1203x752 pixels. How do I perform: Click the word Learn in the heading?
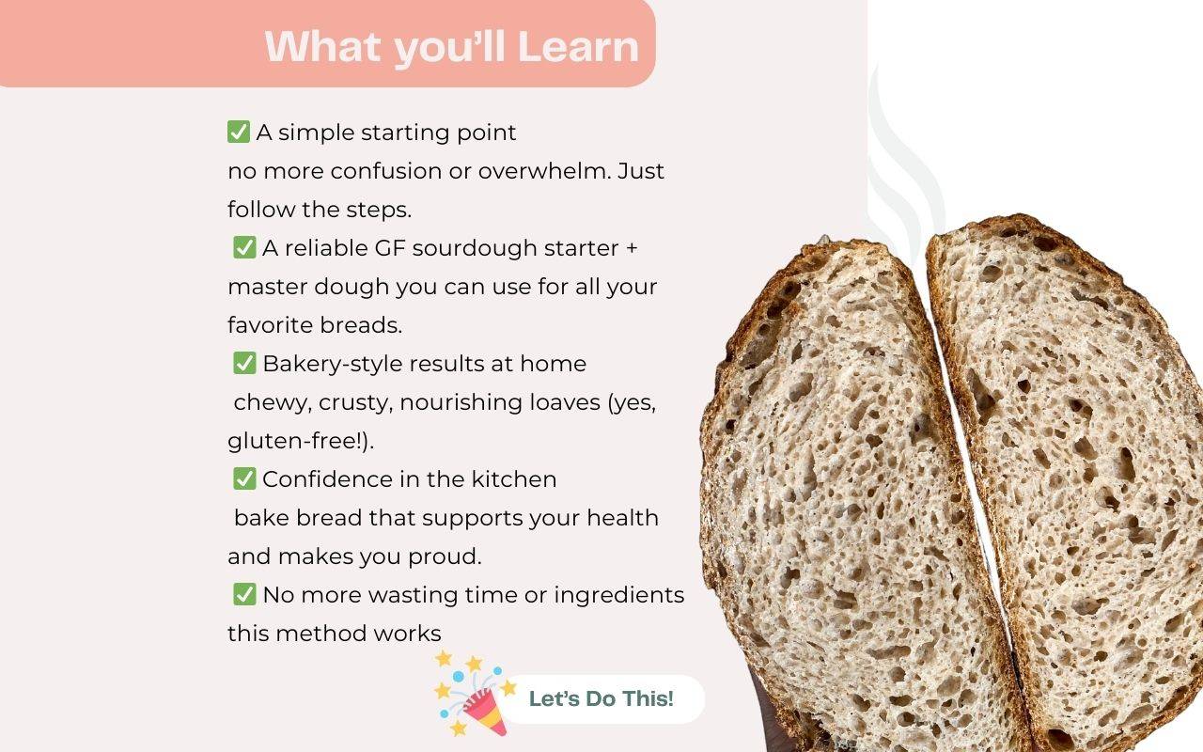[x=578, y=47]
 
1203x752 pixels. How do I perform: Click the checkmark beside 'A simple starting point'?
[x=239, y=132]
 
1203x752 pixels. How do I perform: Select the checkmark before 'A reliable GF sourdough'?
[x=244, y=247]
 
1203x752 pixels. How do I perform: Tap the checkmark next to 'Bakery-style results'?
[x=244, y=363]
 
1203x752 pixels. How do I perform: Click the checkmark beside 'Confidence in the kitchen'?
[x=244, y=478]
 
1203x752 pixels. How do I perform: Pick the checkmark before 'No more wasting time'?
[x=244, y=595]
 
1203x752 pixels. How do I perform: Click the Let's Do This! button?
[x=601, y=698]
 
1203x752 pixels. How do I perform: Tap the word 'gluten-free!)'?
[x=300, y=441]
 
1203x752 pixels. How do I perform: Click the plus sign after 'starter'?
[x=632, y=248]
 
